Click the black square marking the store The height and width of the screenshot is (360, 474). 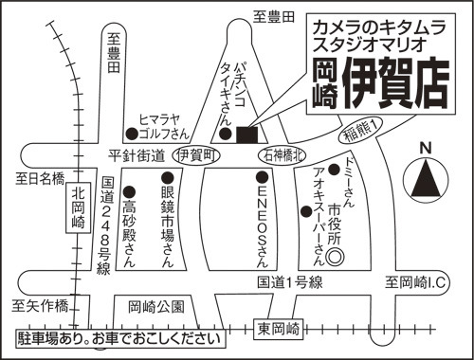pos(246,135)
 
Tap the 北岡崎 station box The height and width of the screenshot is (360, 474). pos(78,207)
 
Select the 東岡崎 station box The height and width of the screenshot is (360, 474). pos(279,330)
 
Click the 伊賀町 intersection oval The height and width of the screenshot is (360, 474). pos(196,155)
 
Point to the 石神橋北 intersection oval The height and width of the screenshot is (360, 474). pos(282,155)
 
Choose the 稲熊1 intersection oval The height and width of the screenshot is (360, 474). pos(360,130)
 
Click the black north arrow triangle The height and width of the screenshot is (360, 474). pos(426,178)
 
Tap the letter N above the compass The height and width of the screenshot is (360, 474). pos(426,149)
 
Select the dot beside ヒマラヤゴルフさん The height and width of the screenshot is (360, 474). pos(132,134)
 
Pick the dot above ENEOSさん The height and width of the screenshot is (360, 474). pos(263,177)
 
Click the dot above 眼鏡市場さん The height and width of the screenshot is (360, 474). pos(168,178)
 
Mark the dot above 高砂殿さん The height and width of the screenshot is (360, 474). pos(129,191)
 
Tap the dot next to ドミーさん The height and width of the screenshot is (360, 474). pos(334,170)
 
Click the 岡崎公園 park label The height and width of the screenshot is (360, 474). pos(156,306)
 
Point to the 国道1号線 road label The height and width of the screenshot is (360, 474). pos(290,282)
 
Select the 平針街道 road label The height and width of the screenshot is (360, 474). pos(137,155)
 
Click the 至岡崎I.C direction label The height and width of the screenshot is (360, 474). pos(415,282)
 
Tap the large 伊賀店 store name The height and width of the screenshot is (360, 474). pos(396,83)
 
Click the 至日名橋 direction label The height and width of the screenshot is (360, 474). pos(40,178)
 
